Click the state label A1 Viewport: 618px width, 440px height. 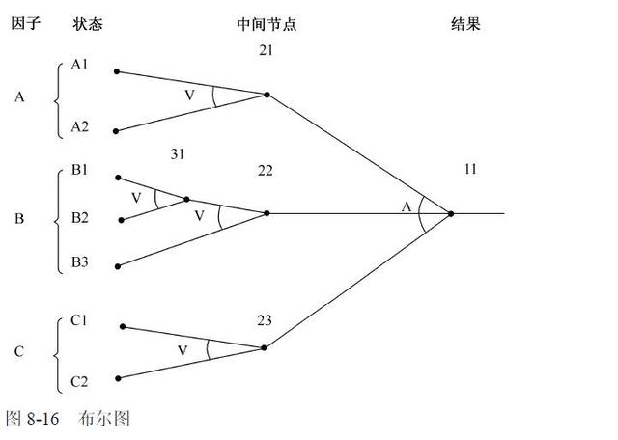point(80,66)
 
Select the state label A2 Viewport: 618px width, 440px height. point(80,126)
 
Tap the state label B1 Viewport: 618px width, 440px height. point(80,171)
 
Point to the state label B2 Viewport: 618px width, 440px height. point(80,217)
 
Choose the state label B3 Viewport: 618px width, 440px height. point(80,262)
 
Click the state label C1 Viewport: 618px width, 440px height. point(80,322)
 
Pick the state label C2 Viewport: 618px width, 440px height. point(80,382)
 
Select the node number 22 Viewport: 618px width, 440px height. point(266,171)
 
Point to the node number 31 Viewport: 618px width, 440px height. point(177,154)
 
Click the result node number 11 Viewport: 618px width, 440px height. point(470,170)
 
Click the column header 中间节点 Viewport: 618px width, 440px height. point(266,25)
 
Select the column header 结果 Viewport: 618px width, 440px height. point(465,25)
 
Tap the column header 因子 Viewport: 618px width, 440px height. point(24,25)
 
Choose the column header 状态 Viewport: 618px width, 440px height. point(87,25)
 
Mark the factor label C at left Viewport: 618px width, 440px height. point(18,352)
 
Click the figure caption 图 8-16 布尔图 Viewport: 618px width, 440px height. point(68,419)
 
